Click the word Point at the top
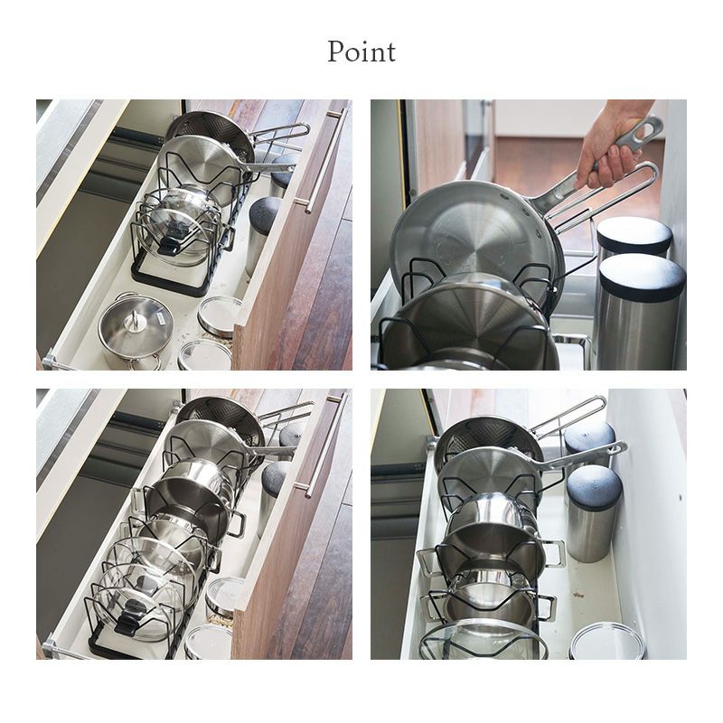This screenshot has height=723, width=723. coord(361,52)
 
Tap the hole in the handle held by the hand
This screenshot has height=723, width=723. coord(650,125)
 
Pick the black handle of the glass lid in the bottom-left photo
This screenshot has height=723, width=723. coord(130,618)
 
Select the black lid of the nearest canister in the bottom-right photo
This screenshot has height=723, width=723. coord(594,490)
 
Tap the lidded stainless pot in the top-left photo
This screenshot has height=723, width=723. coord(136,331)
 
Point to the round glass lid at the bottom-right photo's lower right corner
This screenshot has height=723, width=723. coord(606,641)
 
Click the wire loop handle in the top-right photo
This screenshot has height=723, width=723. coord(604,198)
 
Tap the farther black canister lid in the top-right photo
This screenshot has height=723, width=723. coord(634,230)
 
